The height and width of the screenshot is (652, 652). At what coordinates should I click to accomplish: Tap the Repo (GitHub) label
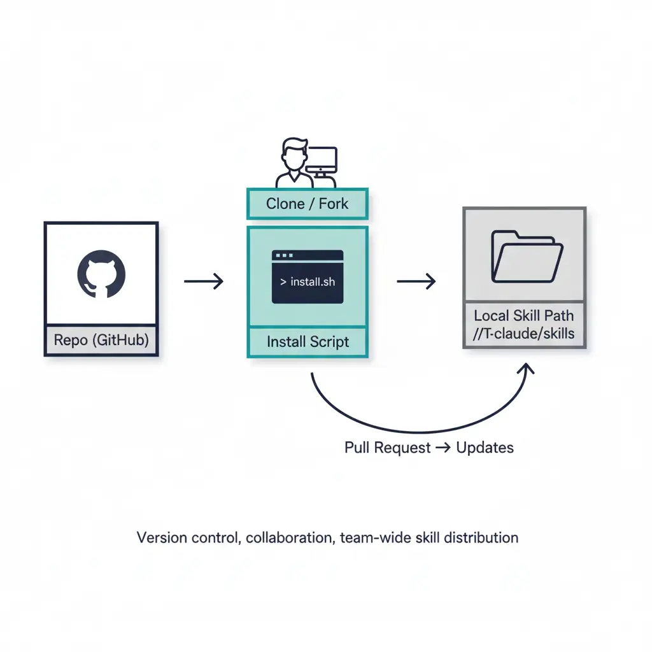tap(101, 340)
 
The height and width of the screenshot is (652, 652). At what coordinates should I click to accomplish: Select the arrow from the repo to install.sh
tap(204, 281)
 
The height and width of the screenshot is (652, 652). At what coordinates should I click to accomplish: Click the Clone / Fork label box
tap(307, 204)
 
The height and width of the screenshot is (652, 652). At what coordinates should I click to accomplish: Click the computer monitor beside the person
tap(322, 159)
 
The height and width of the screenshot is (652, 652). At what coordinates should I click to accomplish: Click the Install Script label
tap(308, 342)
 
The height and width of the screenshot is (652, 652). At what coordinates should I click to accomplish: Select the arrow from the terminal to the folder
tap(416, 281)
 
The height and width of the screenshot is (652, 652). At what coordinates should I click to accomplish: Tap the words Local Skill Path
tap(523, 316)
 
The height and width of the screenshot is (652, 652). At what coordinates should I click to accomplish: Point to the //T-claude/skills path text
tap(523, 334)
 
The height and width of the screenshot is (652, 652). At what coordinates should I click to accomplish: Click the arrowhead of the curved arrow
tap(528, 369)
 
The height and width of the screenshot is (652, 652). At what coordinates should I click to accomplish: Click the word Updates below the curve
tap(485, 448)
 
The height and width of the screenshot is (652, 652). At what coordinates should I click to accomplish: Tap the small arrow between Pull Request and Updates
tap(443, 448)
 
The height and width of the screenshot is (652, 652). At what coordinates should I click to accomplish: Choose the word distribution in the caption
tap(483, 537)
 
